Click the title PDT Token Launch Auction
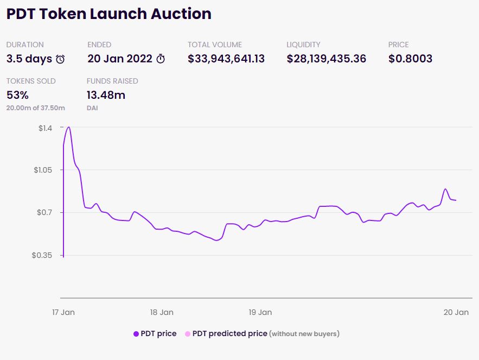[108, 14]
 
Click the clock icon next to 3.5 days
[60, 59]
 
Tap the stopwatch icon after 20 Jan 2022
[161, 59]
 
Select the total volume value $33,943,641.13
[226, 59]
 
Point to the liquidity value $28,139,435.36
[327, 59]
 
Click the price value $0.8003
[410, 59]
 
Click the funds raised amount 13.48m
[106, 95]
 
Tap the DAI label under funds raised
[92, 108]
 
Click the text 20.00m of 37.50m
[36, 108]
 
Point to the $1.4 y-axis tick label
[45, 128]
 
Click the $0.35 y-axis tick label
[42, 255]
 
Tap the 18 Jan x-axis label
[161, 312]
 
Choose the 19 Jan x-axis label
[260, 312]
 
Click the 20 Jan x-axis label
[456, 312]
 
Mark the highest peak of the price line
[68, 127]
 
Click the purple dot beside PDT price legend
[136, 334]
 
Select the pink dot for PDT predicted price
[188, 334]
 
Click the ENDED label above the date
[99, 45]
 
